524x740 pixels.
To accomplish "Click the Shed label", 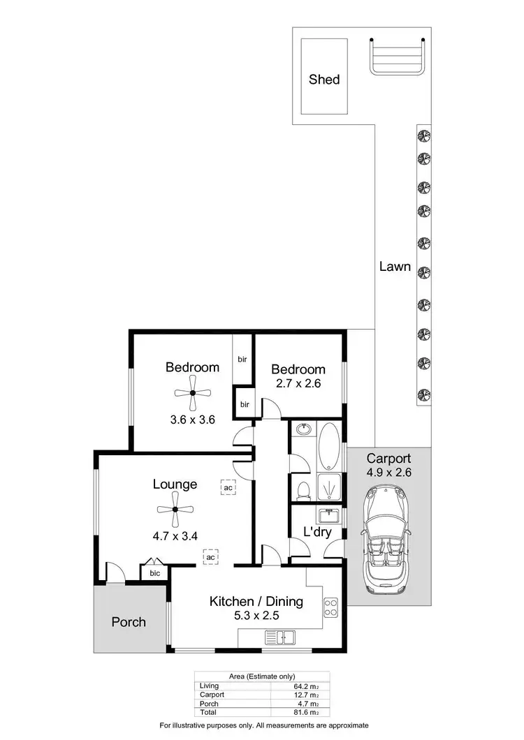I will [x=324, y=80].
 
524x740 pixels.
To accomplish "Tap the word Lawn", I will [x=395, y=266].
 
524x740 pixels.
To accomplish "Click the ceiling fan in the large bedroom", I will [x=192, y=394].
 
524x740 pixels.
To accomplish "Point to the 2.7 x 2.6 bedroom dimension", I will [x=298, y=383].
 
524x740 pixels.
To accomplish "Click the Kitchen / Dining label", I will [x=256, y=600].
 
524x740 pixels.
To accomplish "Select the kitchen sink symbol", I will [x=280, y=637].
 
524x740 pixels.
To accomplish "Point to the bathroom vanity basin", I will [x=304, y=430].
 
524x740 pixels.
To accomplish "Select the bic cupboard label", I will [x=155, y=573].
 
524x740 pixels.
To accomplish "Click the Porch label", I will [x=129, y=621].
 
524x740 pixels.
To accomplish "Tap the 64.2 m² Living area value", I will [x=306, y=686].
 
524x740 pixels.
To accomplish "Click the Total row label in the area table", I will [x=208, y=711].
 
